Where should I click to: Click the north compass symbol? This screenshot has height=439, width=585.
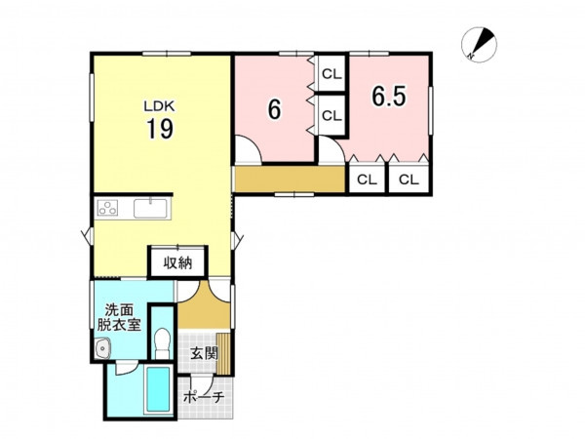479,45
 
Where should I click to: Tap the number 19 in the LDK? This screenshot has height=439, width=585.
160,129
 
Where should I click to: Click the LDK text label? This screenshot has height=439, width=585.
159,106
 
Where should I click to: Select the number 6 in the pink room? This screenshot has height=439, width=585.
275,109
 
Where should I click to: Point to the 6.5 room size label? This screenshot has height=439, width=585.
388,97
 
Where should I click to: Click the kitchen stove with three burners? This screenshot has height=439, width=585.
107,208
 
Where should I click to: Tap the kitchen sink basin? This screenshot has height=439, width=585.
150,209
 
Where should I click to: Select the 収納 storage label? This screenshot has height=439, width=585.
177,263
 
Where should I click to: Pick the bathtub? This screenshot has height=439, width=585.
159,389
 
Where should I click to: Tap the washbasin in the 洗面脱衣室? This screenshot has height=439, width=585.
101,348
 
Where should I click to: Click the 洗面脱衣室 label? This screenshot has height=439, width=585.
119,317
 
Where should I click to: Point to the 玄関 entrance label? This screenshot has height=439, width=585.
204,353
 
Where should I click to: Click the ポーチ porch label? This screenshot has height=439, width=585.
204,396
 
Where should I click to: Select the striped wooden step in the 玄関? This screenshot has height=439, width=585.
223,353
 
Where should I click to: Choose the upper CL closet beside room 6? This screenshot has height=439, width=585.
331,74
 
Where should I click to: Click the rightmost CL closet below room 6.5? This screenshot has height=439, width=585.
409,180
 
